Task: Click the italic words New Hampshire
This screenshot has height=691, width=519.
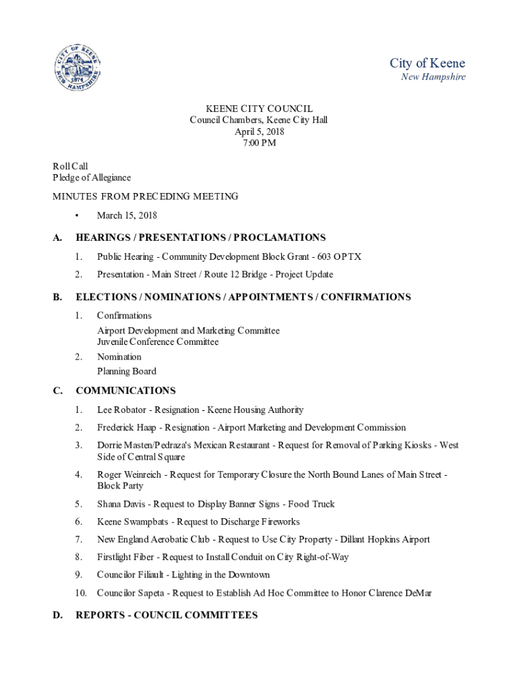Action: pyautogui.click(x=433, y=77)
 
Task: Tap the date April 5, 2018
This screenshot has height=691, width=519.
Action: pyautogui.click(x=259, y=132)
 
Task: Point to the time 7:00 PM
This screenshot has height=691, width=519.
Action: pyautogui.click(x=259, y=143)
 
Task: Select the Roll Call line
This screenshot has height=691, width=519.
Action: pyautogui.click(x=71, y=166)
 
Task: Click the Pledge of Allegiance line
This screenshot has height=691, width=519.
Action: pyautogui.click(x=92, y=177)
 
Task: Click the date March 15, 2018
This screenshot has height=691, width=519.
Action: pyautogui.click(x=127, y=215)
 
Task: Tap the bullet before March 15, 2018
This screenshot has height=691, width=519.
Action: pyautogui.click(x=78, y=216)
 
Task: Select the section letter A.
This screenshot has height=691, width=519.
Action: pyautogui.click(x=58, y=238)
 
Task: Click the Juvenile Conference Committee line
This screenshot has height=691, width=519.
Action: pyautogui.click(x=158, y=341)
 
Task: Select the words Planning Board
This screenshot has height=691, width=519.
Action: pyautogui.click(x=127, y=371)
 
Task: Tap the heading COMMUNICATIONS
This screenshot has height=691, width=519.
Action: pyautogui.click(x=125, y=391)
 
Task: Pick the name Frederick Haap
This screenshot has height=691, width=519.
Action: pyautogui.click(x=127, y=427)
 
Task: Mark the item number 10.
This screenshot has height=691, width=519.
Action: pyautogui.click(x=81, y=593)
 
